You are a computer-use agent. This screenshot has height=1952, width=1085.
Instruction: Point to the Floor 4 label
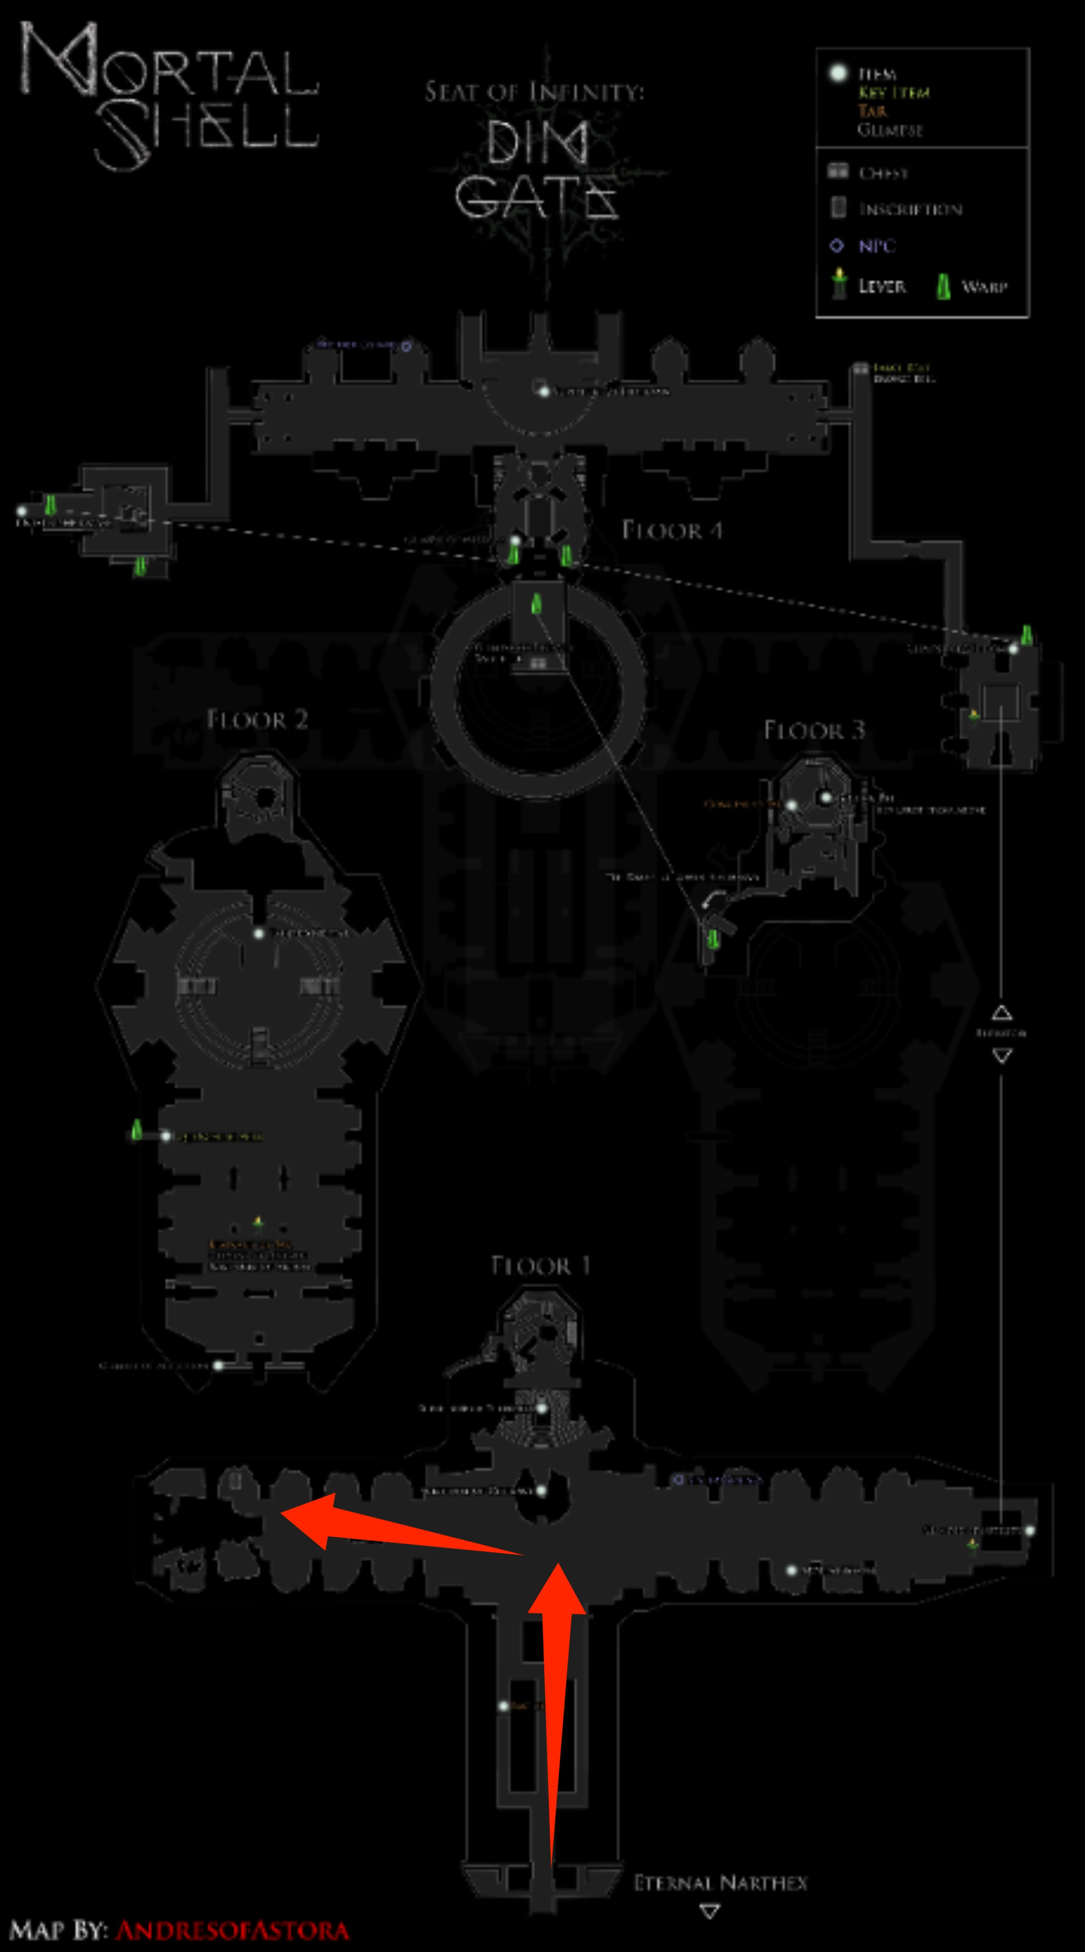tap(672, 530)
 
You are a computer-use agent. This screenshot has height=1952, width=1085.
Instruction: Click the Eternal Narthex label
tap(720, 1883)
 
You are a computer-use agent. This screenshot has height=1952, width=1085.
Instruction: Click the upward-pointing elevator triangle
tap(1002, 1012)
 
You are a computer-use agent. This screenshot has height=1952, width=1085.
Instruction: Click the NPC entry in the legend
tap(877, 245)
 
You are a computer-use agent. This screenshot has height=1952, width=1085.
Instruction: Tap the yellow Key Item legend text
tap(894, 92)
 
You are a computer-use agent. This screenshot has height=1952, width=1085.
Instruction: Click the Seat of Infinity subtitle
tap(534, 91)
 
